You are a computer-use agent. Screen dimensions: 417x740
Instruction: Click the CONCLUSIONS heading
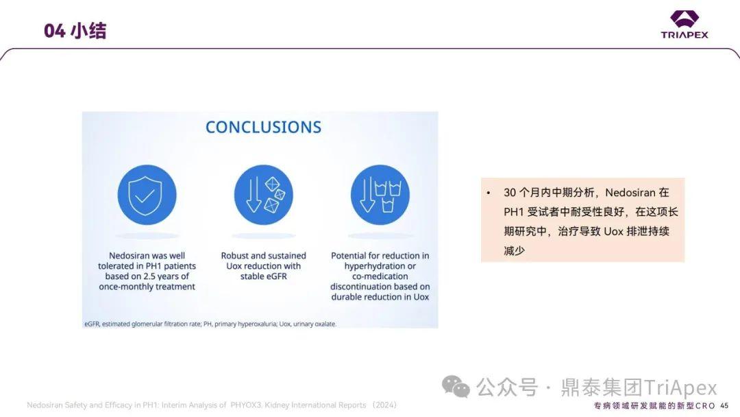coord(263,127)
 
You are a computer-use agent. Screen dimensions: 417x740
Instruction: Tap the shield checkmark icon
coord(147,195)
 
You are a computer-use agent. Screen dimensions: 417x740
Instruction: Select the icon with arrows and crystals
coord(263,195)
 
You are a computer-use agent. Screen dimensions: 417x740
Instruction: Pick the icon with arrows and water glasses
coord(380,195)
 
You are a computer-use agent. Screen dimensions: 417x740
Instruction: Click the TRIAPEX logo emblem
coord(684,19)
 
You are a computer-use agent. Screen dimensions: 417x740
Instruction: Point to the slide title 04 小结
coord(75,31)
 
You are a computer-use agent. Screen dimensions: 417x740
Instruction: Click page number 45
coord(724,406)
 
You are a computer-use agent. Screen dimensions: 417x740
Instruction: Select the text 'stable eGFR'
coord(263,276)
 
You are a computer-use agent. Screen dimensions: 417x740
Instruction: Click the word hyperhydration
coord(380,266)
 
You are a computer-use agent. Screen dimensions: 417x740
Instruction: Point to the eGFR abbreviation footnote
coord(210,323)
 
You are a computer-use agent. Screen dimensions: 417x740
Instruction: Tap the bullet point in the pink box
coord(489,193)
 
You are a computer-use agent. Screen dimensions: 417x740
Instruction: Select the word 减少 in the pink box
coord(514,250)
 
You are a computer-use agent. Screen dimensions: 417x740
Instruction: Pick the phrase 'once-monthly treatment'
coord(147,287)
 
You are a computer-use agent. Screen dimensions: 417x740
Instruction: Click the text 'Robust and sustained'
coord(263,256)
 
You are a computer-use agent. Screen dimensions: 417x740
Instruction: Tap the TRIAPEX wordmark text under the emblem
coord(684,34)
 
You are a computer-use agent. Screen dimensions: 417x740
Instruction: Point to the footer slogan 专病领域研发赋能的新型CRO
coord(654,406)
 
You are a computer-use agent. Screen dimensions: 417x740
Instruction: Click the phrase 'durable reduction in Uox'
coord(380,297)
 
